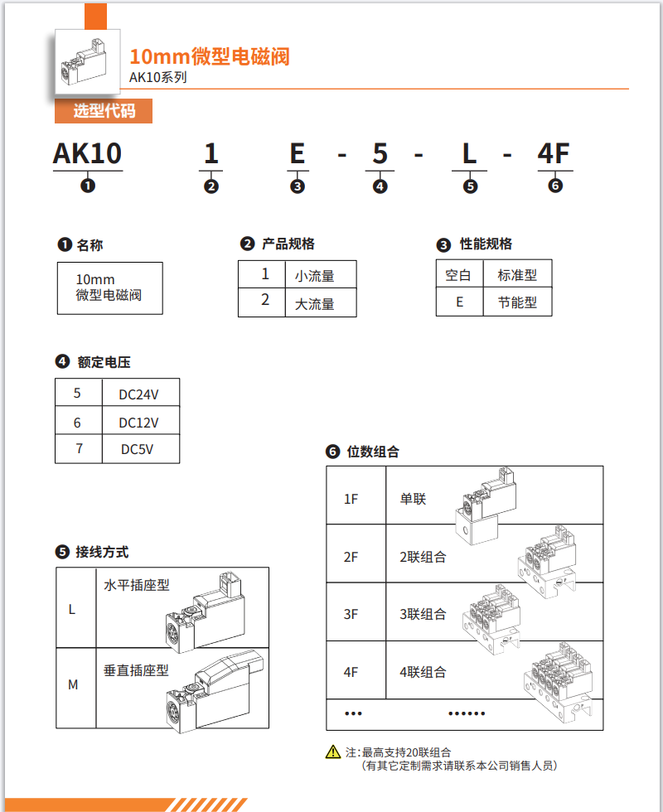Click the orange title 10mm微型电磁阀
[210, 57]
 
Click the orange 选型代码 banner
[104, 111]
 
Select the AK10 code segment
[87, 153]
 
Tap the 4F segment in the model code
[554, 153]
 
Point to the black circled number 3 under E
[298, 186]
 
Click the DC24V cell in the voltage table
[138, 394]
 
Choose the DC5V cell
[138, 450]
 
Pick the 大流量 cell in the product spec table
[315, 303]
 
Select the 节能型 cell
[517, 302]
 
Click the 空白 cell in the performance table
[458, 275]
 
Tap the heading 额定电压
[104, 362]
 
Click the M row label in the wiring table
[73, 684]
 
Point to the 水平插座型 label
[137, 585]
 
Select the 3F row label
[351, 614]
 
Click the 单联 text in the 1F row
[413, 499]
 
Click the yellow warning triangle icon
[333, 752]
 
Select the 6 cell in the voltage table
[77, 423]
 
